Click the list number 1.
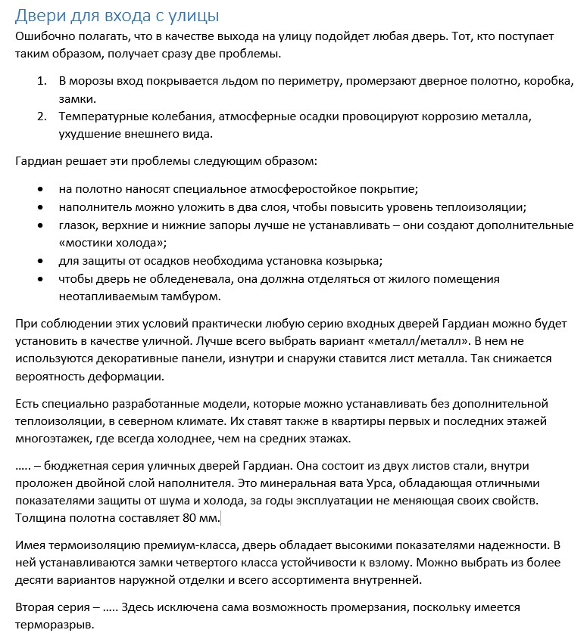click(x=42, y=81)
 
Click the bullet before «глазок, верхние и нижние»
click(x=41, y=225)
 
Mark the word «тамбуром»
click(x=184, y=297)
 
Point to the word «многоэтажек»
click(x=50, y=439)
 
